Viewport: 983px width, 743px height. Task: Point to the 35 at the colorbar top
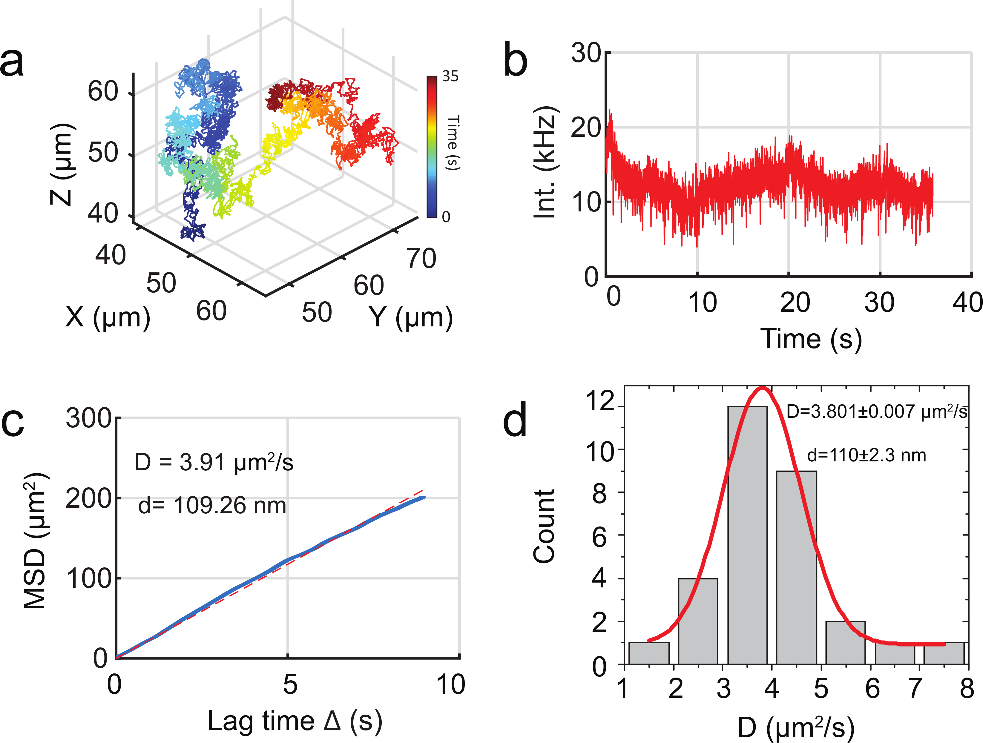450,76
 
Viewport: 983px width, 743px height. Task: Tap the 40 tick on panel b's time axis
967,303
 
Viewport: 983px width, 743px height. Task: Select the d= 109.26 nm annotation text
212,506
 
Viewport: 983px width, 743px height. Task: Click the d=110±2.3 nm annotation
866,455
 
